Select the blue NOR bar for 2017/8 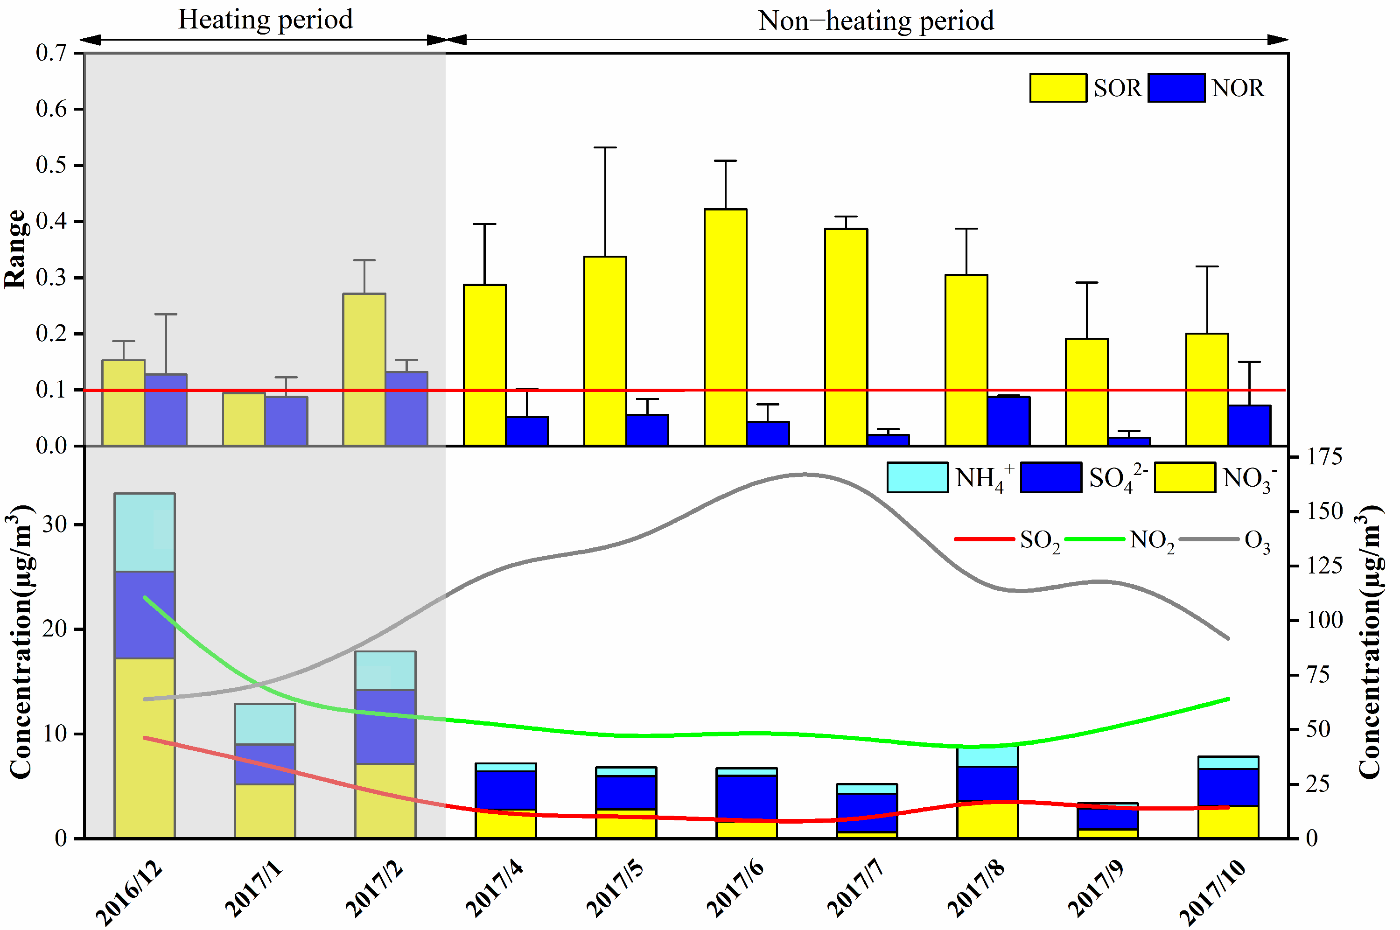[x=1008, y=420]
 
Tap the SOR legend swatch [x=1058, y=88]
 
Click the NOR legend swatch [x=1176, y=88]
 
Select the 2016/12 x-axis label [x=129, y=893]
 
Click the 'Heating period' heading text [x=266, y=20]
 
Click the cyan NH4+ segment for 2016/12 [x=145, y=532]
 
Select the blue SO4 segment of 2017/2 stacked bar [x=385, y=727]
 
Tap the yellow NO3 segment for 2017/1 [x=265, y=811]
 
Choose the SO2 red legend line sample [x=984, y=539]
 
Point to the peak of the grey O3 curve [x=804, y=475]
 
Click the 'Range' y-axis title [x=15, y=249]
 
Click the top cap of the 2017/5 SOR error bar [x=605, y=147]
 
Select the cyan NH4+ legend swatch [x=917, y=477]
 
